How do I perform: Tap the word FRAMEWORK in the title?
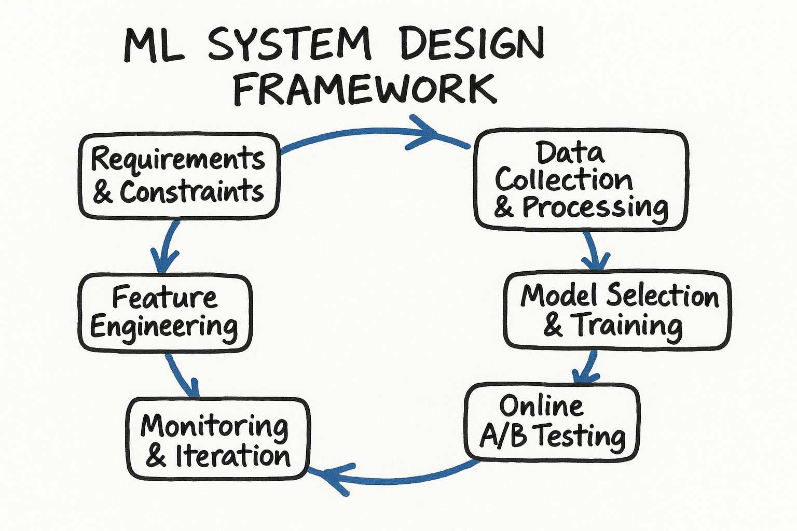coord(365,89)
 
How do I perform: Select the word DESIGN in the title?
coord(472,45)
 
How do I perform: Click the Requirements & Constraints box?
coord(179,175)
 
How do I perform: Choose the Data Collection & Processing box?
coord(581,179)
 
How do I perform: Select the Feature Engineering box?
coord(164,313)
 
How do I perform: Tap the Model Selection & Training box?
coord(617,310)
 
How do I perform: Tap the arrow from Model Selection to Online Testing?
coord(588,366)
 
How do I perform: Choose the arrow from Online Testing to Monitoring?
coord(394,477)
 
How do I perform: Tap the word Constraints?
coord(192,192)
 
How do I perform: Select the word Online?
coord(541,406)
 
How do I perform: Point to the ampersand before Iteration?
coord(156,456)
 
